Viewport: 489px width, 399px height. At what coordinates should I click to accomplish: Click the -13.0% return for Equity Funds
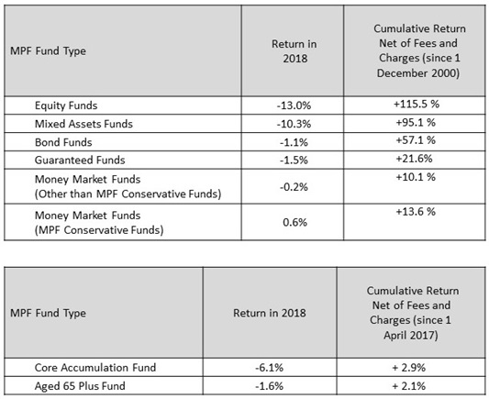[294, 105]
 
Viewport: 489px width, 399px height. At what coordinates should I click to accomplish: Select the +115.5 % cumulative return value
[417, 104]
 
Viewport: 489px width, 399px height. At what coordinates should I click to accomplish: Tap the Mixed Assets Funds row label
[83, 124]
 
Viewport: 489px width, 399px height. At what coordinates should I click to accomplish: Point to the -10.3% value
[294, 124]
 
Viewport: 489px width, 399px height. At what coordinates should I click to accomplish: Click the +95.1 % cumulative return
[416, 122]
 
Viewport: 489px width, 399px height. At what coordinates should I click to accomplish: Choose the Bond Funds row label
[63, 142]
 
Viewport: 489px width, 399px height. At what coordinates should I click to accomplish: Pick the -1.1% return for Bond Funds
[294, 142]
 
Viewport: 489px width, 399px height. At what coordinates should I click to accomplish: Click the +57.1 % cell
[416, 140]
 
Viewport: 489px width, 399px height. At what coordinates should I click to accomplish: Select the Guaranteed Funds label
[80, 160]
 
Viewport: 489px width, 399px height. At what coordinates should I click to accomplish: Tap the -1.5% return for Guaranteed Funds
[294, 160]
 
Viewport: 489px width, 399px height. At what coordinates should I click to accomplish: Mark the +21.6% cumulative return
[414, 159]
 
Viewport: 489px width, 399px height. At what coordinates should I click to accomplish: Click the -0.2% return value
[294, 187]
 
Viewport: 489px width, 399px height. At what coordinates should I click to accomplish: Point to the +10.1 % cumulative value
[416, 177]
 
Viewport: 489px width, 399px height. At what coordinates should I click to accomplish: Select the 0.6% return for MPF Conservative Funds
[295, 222]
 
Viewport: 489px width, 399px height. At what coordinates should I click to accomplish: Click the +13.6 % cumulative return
[416, 212]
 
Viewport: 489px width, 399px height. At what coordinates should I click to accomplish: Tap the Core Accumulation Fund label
[95, 368]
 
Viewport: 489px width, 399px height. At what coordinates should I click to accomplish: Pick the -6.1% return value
[270, 368]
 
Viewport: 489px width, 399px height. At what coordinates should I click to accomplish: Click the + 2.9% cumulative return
[409, 368]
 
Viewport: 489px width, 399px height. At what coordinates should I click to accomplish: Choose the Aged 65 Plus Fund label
[80, 386]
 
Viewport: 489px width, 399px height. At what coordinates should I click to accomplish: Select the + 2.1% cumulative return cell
[409, 386]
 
